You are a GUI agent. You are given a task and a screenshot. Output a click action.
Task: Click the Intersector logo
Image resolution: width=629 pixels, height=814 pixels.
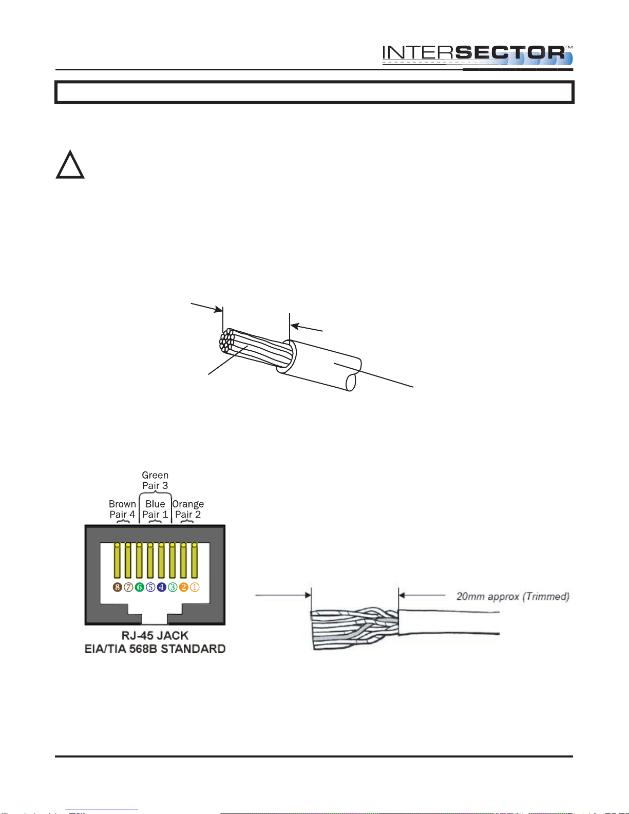click(478, 55)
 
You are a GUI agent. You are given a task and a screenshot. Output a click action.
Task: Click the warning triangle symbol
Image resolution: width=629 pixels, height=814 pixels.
click(70, 164)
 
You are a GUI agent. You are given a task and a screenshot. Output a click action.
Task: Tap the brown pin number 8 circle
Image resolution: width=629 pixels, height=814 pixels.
click(117, 587)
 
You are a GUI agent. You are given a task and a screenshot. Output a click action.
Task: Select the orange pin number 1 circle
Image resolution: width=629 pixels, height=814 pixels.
click(195, 587)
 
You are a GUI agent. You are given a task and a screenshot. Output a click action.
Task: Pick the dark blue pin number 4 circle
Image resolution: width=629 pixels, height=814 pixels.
click(161, 587)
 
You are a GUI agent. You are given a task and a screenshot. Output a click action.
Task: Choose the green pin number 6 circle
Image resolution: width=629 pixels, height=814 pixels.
click(139, 587)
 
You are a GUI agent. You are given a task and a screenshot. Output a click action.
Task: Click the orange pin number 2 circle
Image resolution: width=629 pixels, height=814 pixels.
click(183, 587)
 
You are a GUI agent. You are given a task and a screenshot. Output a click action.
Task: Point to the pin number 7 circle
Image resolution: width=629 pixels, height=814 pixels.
click(128, 587)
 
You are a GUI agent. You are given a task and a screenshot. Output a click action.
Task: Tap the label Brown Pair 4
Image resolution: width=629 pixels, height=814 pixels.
click(122, 509)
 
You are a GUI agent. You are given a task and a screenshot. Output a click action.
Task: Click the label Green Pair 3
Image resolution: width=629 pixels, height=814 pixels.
click(155, 480)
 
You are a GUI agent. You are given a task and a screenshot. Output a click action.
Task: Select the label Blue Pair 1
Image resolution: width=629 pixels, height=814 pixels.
click(155, 509)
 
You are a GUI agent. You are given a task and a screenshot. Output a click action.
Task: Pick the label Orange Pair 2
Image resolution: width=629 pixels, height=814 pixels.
click(188, 509)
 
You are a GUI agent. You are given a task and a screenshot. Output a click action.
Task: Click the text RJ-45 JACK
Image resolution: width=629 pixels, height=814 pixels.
click(155, 635)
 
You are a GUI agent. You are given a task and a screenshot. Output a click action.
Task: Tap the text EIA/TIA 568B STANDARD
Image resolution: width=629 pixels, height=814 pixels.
click(155, 649)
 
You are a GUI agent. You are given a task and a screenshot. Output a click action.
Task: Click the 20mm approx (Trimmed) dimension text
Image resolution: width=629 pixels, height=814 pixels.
click(513, 596)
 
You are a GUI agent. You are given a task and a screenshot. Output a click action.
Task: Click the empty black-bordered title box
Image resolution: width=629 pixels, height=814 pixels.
click(314, 92)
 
